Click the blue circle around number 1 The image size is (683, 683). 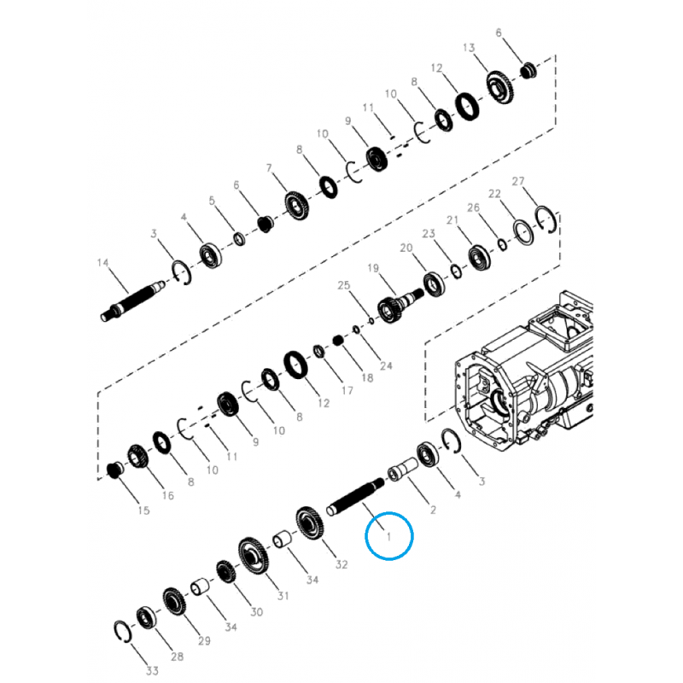tap(388, 535)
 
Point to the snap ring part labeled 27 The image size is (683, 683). tap(546, 219)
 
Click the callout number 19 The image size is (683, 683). tap(372, 269)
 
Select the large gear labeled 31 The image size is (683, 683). tap(254, 556)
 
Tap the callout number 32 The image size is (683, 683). tap(341, 564)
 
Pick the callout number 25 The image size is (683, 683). tap(343, 285)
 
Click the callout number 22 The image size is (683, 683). tap(494, 194)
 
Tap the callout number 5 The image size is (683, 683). tap(213, 201)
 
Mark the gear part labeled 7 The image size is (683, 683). tap(296, 206)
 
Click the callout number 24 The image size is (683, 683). tap(385, 366)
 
